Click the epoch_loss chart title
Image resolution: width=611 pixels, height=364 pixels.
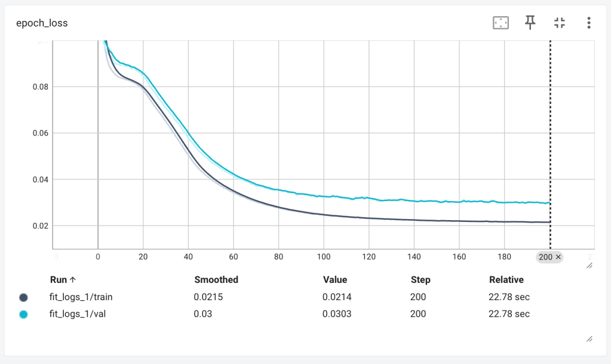[x=42, y=23]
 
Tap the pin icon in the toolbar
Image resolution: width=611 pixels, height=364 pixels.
[x=530, y=23]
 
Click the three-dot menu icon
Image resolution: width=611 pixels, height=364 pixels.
[x=589, y=23]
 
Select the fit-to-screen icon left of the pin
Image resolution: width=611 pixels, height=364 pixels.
[x=500, y=23]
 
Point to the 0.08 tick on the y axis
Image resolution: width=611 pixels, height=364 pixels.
[x=40, y=87]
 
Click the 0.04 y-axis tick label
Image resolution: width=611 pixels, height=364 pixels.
[x=40, y=180]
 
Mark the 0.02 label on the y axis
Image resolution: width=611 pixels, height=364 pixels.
[x=40, y=226]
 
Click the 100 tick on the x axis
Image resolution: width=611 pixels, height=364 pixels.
[x=323, y=257]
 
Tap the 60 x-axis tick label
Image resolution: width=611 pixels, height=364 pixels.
[x=233, y=257]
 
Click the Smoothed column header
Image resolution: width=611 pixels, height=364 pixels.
[x=216, y=280]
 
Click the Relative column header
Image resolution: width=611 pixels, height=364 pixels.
[x=506, y=280]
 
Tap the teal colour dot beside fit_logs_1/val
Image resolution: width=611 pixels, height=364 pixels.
[x=24, y=314]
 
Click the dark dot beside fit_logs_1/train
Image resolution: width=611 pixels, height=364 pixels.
[x=24, y=297]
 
